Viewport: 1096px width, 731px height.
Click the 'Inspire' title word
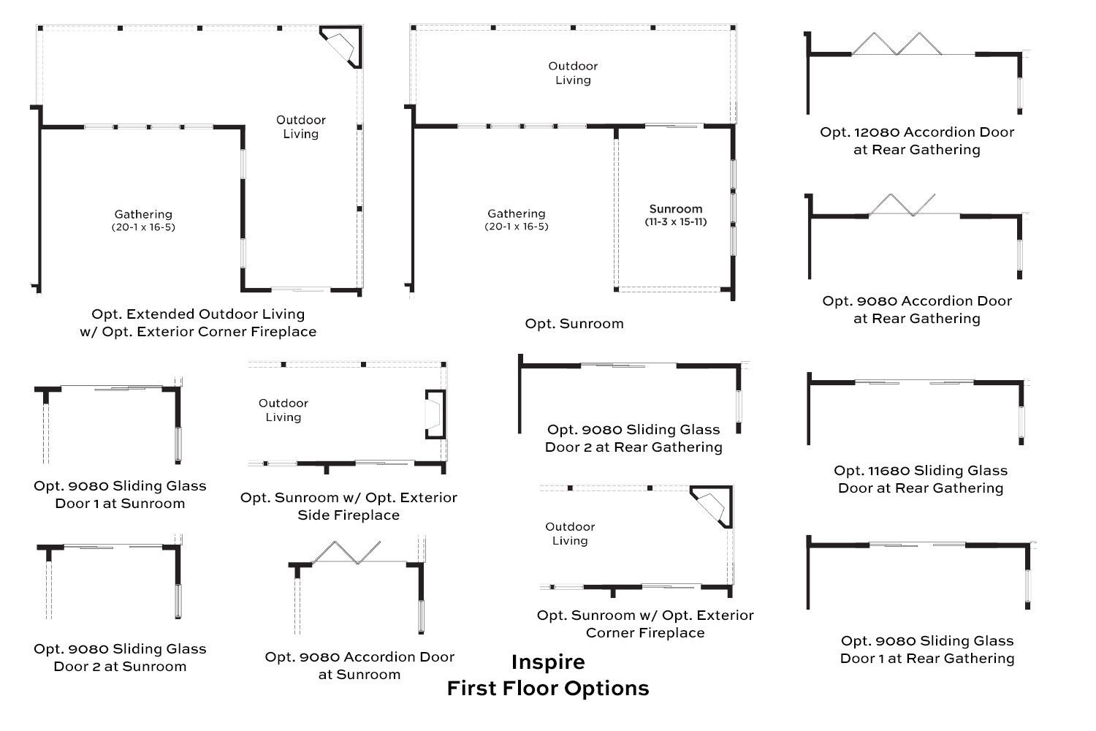(x=548, y=662)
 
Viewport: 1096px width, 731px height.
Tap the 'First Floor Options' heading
(x=548, y=689)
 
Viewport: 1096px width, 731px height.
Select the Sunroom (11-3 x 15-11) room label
(x=676, y=215)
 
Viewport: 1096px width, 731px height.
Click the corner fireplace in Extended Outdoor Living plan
(x=340, y=47)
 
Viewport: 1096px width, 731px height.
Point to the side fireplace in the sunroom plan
(x=435, y=414)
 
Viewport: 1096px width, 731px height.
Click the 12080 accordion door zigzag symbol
(x=897, y=44)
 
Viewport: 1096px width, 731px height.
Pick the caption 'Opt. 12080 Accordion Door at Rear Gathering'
(x=917, y=140)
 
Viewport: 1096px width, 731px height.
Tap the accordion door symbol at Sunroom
(x=346, y=553)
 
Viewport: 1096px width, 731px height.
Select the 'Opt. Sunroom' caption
(x=574, y=324)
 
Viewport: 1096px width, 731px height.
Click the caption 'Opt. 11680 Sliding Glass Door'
(x=921, y=479)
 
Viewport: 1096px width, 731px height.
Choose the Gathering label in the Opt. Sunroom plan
(x=516, y=219)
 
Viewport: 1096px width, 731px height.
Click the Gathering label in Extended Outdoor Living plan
(x=143, y=220)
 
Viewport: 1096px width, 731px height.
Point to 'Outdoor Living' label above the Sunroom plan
(x=573, y=73)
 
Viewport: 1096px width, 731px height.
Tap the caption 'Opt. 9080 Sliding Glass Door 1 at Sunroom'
(x=120, y=494)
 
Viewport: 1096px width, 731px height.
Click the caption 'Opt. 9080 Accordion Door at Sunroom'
(x=359, y=665)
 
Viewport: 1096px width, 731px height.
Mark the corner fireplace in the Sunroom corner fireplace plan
(x=712, y=507)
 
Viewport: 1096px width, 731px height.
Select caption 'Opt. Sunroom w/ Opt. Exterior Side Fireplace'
(x=349, y=507)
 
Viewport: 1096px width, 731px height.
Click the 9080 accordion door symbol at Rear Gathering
(x=902, y=205)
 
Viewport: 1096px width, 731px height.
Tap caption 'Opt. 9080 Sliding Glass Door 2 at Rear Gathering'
(x=633, y=438)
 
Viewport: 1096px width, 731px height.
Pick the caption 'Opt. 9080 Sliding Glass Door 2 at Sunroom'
(x=120, y=658)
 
